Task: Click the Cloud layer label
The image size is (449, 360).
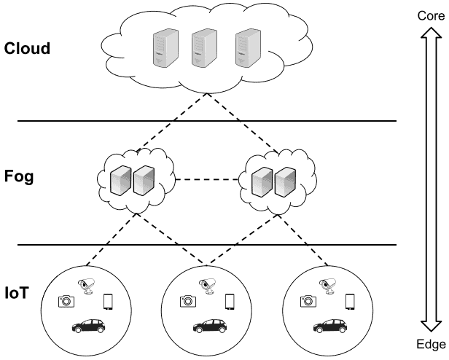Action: pyautogui.click(x=27, y=50)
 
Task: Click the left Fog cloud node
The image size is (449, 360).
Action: pyautogui.click(x=135, y=178)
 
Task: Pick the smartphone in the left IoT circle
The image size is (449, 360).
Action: pyautogui.click(x=108, y=301)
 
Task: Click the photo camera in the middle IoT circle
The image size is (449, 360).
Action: pyautogui.click(x=187, y=300)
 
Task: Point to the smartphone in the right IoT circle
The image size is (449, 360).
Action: pyautogui.click(x=351, y=301)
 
